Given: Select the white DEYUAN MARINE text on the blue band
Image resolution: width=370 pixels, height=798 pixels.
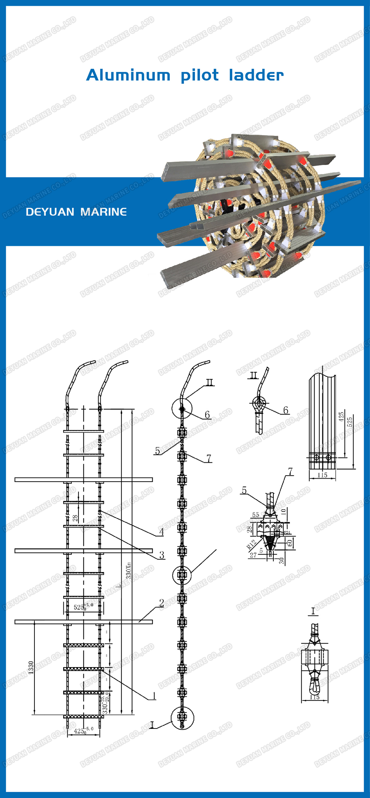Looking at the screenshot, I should click(x=76, y=212).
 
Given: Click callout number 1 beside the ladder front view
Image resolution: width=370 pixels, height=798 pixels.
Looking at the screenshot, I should click(x=154, y=696).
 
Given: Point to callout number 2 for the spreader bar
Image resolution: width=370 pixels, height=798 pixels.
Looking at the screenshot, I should click(x=161, y=603).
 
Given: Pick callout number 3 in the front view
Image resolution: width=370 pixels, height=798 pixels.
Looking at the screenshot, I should click(x=162, y=555).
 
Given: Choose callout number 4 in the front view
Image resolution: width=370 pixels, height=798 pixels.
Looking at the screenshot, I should click(x=161, y=532).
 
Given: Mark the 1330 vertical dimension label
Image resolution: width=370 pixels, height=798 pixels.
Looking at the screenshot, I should click(x=31, y=668).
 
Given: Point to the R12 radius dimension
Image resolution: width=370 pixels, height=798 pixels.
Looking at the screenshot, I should click(x=251, y=544).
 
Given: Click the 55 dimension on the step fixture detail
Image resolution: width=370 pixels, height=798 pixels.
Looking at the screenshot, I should click(x=255, y=515).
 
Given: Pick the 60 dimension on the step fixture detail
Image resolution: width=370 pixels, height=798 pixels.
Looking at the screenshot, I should click(x=290, y=543).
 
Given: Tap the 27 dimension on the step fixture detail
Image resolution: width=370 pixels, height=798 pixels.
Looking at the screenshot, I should click(x=253, y=555).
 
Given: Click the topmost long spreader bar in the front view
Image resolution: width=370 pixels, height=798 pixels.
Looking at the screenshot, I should click(x=84, y=479).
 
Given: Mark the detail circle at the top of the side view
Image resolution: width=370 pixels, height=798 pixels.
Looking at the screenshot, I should click(x=182, y=409).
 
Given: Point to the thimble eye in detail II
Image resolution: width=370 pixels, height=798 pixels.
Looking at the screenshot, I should click(x=259, y=403).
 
